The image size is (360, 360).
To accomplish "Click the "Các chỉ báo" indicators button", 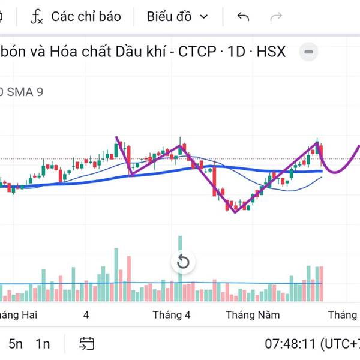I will tap(86, 16).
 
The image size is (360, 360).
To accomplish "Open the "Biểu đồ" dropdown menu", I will tap(177, 16).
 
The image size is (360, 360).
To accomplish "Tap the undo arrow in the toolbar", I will tap(243, 16).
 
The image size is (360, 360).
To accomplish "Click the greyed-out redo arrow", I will tap(276, 16).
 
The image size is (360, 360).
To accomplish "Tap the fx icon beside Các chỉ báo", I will tap(37, 16).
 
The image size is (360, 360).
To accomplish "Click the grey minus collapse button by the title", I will tap(309, 52).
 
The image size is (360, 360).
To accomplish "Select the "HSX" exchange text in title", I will tap(271, 52).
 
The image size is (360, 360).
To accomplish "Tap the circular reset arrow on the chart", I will tap(183, 262).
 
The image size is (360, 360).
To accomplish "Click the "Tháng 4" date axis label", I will tap(172, 315).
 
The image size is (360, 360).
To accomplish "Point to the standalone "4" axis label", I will tap(86, 315).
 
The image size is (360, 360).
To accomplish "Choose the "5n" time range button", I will tap(16, 344).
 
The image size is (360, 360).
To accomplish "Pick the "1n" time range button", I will tap(43, 344).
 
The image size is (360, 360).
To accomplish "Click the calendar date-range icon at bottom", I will tap(87, 344).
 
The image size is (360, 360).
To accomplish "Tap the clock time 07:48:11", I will tap(290, 344).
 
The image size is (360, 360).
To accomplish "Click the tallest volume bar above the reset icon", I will tap(179, 246).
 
